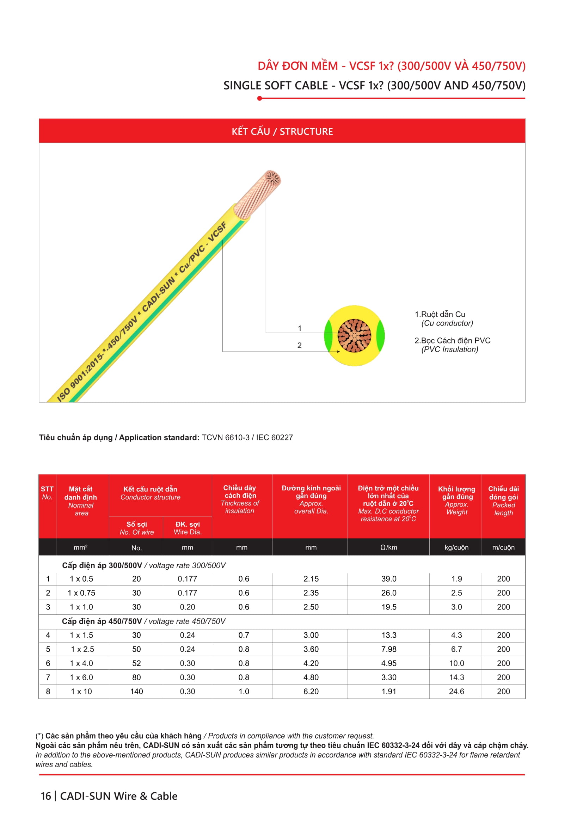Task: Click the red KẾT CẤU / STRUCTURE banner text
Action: coord(282,131)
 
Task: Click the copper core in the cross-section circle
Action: coord(354,336)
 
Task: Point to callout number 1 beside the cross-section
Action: coord(300,328)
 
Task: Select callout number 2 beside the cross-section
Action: coord(299,345)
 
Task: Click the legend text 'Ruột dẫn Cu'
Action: coord(443,314)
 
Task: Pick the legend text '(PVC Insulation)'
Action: coord(449,349)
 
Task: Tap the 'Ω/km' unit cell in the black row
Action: coord(388,547)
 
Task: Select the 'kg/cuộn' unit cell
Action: coord(456,547)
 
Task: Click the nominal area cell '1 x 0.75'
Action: coord(81,593)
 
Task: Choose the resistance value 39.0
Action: coord(389,579)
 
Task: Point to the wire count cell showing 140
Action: coord(136,692)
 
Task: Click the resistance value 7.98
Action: coord(389,649)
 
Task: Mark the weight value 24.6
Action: coord(456,692)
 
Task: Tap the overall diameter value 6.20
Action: coord(311,692)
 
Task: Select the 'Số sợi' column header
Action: coord(136,528)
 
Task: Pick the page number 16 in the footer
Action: coord(45,796)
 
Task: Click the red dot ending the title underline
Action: coord(259,98)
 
